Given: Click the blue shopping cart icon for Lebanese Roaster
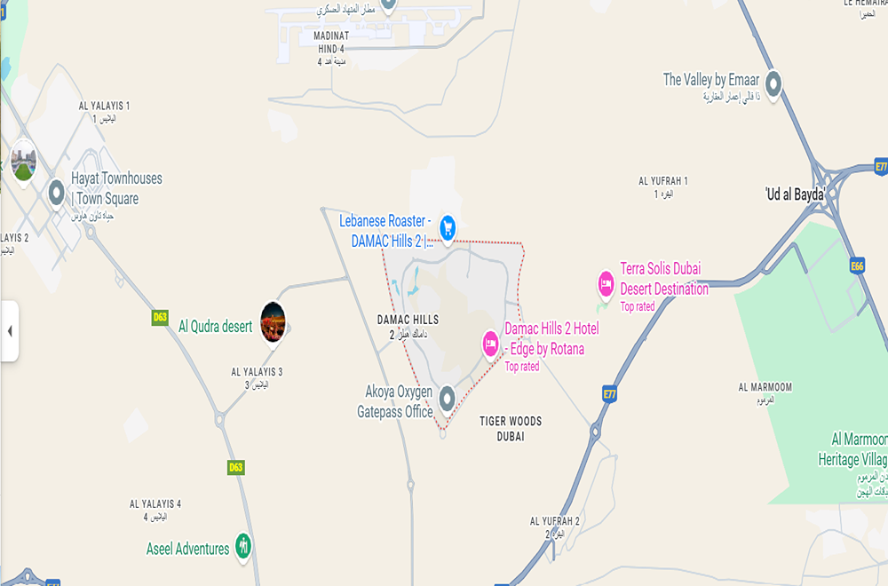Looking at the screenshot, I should (448, 228).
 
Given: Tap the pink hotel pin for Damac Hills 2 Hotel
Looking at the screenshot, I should (490, 344).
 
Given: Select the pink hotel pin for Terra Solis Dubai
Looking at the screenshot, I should (607, 284).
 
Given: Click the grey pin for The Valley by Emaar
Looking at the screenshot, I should (773, 84).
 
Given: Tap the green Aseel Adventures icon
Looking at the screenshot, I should (243, 545).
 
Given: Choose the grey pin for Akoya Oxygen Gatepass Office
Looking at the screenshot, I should (447, 398).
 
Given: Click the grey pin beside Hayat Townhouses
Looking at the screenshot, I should (57, 191).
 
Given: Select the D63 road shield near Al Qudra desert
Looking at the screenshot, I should (160, 317).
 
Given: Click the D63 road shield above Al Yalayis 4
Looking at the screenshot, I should (235, 467).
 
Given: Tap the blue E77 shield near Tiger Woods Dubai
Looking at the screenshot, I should (609, 393).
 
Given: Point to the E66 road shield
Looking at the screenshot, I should (857, 265).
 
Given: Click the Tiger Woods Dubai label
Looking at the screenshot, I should (510, 428).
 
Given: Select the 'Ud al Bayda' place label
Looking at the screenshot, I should (796, 194).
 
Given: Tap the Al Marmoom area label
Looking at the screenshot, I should (765, 392).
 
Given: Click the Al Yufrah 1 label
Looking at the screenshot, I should (662, 186).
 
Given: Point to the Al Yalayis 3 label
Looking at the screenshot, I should (257, 377).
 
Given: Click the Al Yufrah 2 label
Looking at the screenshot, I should (555, 526).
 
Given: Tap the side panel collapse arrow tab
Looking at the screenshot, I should (9, 331).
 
